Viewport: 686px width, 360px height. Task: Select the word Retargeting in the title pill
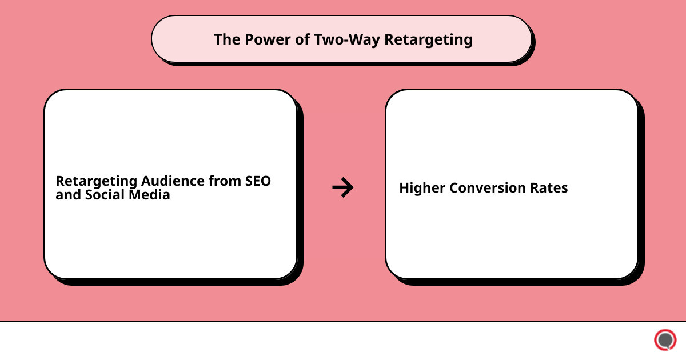(429, 39)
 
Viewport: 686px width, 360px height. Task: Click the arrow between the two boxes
(342, 187)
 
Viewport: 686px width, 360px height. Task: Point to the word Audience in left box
(174, 181)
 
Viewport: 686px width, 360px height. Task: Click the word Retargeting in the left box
(96, 181)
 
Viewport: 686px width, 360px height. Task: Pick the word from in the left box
(225, 181)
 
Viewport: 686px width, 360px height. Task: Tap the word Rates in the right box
(551, 188)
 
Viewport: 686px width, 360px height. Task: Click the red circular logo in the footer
(665, 340)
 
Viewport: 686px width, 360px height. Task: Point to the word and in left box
(66, 195)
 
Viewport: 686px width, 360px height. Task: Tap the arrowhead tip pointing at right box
(352, 187)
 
